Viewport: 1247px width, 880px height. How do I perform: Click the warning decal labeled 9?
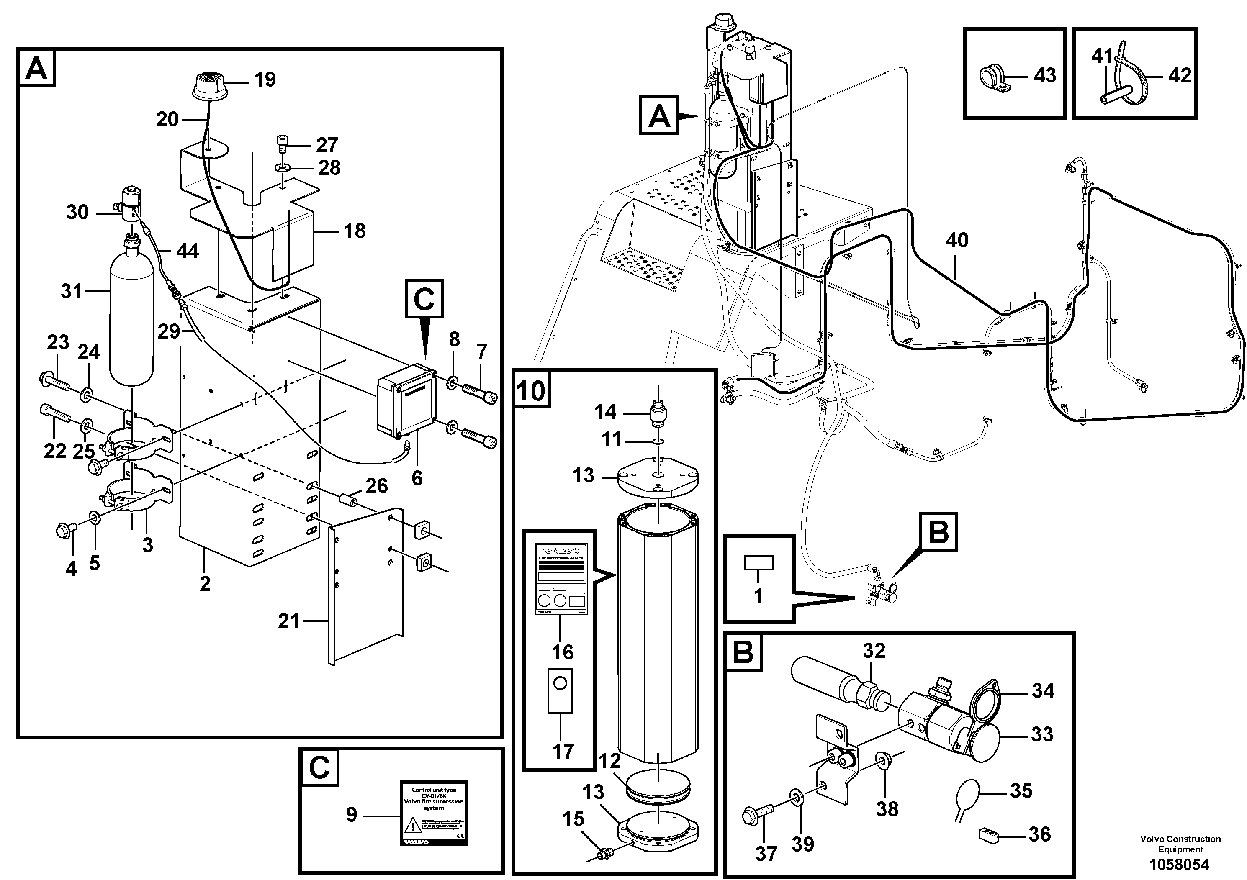click(x=433, y=812)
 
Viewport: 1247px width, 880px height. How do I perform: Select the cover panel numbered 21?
click(x=367, y=586)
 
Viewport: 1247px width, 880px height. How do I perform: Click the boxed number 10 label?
click(x=532, y=390)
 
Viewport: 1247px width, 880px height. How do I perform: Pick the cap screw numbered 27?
click(x=281, y=144)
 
